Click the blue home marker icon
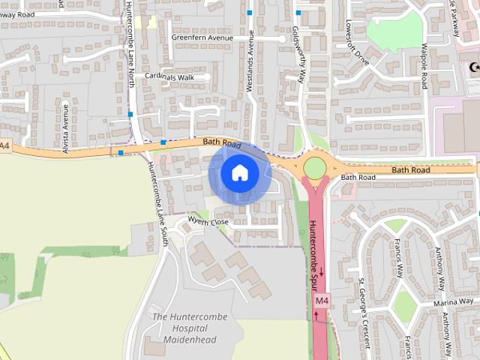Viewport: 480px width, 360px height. (239, 173)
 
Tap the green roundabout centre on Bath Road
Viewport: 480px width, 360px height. (315, 166)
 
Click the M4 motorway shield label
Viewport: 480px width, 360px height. (322, 301)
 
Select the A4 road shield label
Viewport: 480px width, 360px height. (4, 145)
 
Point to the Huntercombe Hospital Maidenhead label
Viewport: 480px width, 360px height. (184, 328)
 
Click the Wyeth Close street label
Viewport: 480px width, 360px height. (208, 221)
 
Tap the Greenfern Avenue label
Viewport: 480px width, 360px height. (202, 37)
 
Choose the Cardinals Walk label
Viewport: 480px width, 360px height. (169, 76)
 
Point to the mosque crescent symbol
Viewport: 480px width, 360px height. (473, 67)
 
